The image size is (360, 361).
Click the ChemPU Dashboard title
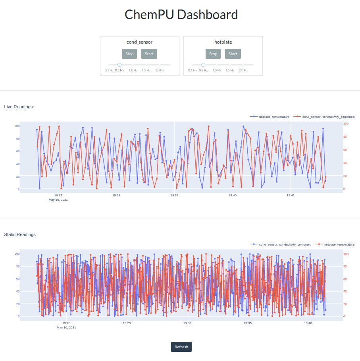pos(181,15)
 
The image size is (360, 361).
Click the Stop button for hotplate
pos(213,54)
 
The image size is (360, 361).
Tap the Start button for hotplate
pos(233,54)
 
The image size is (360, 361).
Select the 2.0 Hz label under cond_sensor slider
pos(160,70)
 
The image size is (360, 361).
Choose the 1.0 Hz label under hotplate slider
pos(217,70)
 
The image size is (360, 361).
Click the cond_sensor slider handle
pos(119,65)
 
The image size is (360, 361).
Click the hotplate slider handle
pos(203,65)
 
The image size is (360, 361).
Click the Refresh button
pos(181,347)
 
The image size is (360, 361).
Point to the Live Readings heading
pos(18,107)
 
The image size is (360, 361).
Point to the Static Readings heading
pos(20,234)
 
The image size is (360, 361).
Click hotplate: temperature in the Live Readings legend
pos(274,117)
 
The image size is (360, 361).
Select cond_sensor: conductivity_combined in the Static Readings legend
pos(285,244)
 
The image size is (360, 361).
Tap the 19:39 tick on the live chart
pos(174,195)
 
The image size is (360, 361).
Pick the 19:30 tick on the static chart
pos(187,323)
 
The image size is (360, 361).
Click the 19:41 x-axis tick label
pos(291,195)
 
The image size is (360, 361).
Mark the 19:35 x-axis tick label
pos(248,323)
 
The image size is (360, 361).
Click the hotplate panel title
pos(223,42)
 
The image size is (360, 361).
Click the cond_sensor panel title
pos(139,42)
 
